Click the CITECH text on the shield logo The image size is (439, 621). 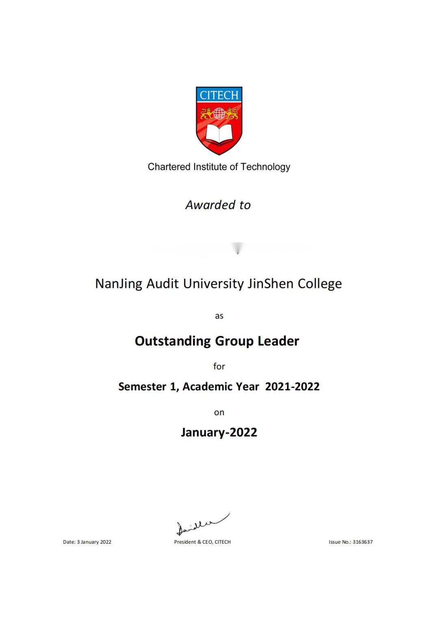(219, 95)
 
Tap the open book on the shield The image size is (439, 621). (219, 134)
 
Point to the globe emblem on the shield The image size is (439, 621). (219, 113)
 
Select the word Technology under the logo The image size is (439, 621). (265, 167)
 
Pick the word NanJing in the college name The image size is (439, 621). (119, 284)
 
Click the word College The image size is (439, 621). (320, 284)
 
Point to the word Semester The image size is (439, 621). (142, 387)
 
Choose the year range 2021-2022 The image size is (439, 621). (292, 387)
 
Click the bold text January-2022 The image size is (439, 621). (219, 432)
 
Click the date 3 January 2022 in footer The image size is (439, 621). (94, 542)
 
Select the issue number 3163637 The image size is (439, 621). (363, 542)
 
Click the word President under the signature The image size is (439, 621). (185, 542)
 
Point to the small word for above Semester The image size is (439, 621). (219, 366)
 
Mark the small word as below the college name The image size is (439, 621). (219, 316)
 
